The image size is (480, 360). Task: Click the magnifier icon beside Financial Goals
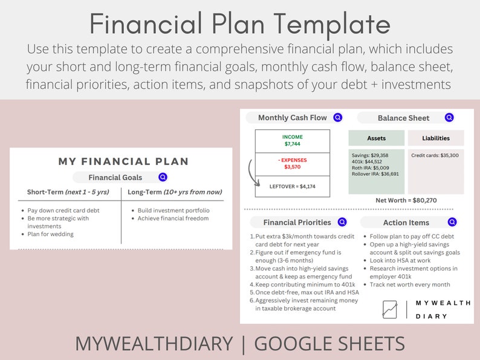tap(163, 178)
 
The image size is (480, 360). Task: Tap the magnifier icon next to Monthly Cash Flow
tap(337, 118)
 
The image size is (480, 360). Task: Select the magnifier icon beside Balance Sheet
tap(449, 118)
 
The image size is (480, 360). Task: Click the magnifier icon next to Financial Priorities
tap(342, 222)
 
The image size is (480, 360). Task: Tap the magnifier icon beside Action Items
tap(452, 222)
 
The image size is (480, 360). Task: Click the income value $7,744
tap(293, 144)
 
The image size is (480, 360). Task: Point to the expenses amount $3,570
tap(293, 166)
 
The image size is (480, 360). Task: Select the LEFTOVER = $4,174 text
tap(293, 186)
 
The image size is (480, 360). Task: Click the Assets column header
tap(377, 138)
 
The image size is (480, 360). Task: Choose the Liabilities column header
tap(436, 138)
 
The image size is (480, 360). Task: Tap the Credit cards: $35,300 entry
tap(435, 155)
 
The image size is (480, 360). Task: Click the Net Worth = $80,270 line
tap(406, 200)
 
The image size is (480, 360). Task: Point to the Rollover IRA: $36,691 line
tap(374, 174)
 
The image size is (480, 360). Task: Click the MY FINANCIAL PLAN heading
tap(123, 161)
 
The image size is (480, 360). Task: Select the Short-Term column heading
tap(68, 192)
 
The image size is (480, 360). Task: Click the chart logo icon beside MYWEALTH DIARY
tap(390, 309)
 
